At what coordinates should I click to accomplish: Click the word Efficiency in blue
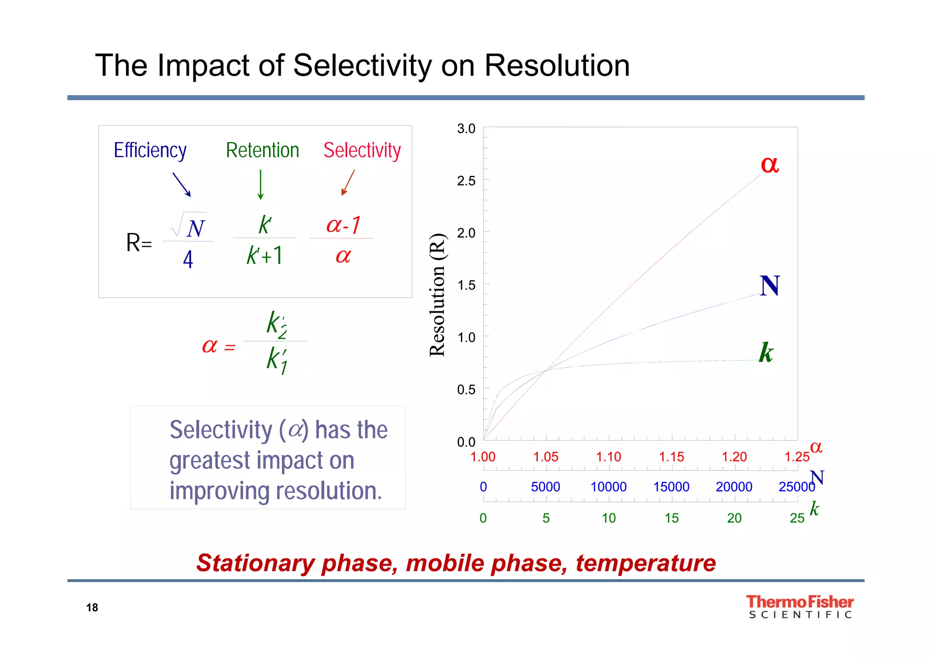150,150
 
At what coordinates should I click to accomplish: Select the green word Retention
263,150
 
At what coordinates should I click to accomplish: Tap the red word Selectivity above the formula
362,150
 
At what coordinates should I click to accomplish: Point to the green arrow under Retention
260,185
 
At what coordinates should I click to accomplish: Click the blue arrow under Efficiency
182,184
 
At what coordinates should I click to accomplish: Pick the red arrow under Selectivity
348,182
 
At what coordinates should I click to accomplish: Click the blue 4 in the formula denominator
188,260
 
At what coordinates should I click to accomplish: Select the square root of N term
190,226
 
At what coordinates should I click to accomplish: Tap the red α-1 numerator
343,225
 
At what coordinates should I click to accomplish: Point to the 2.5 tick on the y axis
466,181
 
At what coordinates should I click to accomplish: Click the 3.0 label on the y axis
466,129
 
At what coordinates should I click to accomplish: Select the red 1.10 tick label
608,457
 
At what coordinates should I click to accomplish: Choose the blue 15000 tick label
671,487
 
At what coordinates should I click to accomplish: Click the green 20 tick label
734,518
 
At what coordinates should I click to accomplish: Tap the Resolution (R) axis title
437,295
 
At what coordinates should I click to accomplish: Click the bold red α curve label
770,164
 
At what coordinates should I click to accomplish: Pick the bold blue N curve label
770,286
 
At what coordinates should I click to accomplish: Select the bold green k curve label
766,353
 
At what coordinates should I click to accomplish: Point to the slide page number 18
92,608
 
